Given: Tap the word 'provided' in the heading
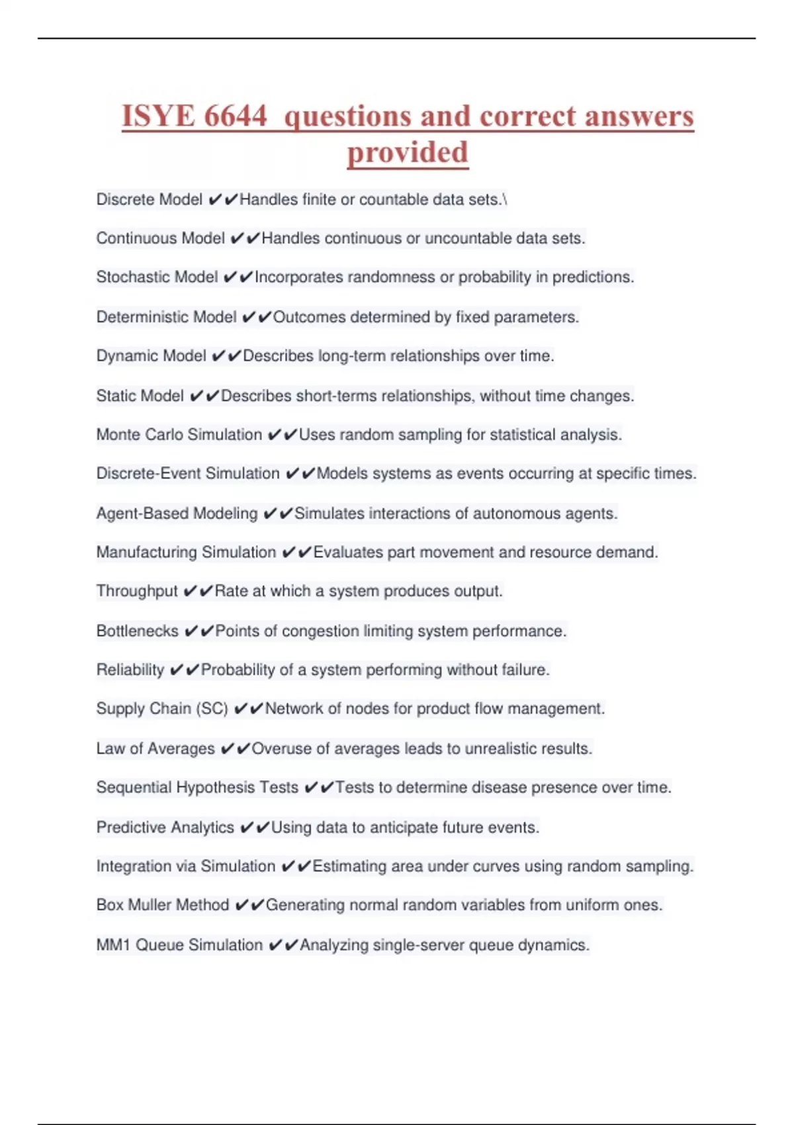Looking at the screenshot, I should [408, 153].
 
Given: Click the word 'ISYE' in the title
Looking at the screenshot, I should [158, 116].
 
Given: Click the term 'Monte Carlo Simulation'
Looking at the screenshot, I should [179, 435].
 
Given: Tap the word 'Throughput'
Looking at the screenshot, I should [137, 591].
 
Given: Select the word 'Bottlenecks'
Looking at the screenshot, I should [138, 631].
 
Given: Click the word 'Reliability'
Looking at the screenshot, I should [130, 670].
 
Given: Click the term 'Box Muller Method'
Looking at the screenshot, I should [163, 905].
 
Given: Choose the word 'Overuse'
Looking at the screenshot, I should [281, 748].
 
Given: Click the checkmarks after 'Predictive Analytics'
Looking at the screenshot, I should [255, 828].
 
